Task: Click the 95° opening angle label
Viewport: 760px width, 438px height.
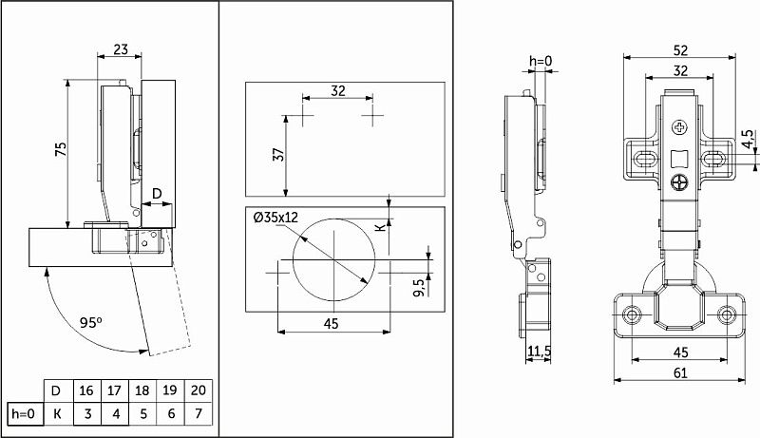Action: [x=91, y=322]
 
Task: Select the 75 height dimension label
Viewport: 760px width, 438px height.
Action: [x=61, y=149]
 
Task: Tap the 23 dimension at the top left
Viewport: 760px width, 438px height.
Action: [x=121, y=49]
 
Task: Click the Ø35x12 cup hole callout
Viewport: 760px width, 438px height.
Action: [x=275, y=217]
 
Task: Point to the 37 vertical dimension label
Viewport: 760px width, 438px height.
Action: [x=278, y=155]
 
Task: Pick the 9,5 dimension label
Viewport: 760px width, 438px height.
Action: [x=419, y=286]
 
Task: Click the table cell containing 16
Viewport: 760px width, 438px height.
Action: [x=86, y=390]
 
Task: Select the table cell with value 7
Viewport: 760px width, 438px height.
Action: [x=199, y=414]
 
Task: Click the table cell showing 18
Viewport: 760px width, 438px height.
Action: [x=142, y=390]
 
